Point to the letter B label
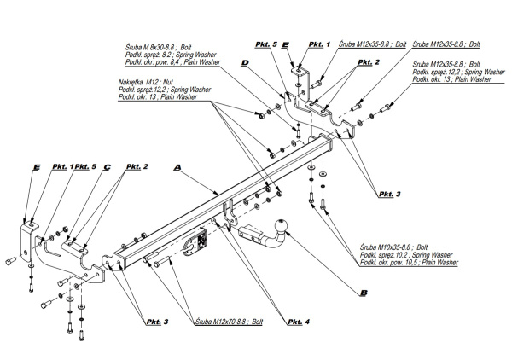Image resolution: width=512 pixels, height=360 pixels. pyautogui.click(x=364, y=293)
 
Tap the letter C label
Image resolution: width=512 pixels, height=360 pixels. pyautogui.click(x=107, y=167)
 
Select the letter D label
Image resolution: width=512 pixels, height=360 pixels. pyautogui.click(x=244, y=63)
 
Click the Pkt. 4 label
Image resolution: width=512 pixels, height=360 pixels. pyautogui.click(x=299, y=322)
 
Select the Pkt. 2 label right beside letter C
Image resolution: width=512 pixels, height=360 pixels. pyautogui.click(x=137, y=167)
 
